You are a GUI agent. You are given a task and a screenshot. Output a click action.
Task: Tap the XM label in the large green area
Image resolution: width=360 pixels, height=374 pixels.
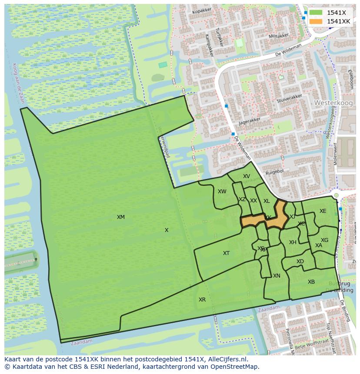click(121, 217)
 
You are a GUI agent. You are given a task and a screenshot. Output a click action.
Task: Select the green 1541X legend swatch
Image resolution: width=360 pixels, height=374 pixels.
click(316, 13)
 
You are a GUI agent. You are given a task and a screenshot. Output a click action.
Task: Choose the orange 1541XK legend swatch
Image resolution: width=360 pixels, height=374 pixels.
click(316, 21)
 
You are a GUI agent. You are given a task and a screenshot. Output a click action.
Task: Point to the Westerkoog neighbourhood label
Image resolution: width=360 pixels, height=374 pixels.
click(331, 103)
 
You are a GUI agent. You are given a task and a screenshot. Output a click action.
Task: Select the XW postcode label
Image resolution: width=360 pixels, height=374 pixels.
click(222, 192)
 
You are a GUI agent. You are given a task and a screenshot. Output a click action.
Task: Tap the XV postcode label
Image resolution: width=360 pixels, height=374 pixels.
click(247, 176)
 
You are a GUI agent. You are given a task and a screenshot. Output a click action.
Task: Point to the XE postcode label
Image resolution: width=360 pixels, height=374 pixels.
click(323, 211)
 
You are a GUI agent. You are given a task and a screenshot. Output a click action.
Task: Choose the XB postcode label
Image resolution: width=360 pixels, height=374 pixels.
click(311, 282)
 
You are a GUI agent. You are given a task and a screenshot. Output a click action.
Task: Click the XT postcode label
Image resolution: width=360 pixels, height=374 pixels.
click(226, 253)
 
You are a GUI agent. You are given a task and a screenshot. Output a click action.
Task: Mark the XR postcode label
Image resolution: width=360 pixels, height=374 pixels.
click(202, 300)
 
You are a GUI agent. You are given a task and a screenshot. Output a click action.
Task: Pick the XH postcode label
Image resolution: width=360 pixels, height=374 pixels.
click(293, 242)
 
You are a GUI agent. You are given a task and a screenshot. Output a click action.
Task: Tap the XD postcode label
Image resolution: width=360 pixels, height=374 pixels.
click(300, 261)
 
